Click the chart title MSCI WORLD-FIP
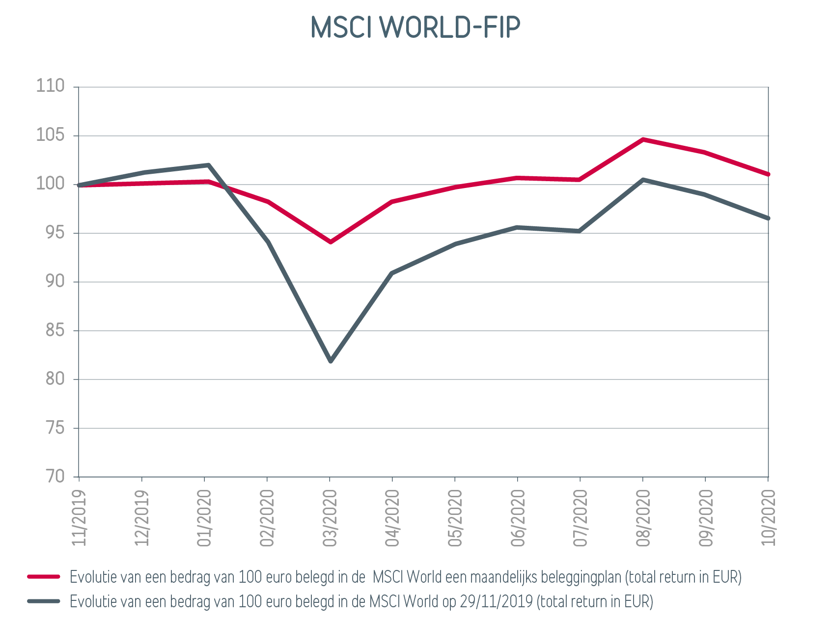(415, 27)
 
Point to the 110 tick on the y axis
(51, 86)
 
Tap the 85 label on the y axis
(55, 330)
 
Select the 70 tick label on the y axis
(55, 476)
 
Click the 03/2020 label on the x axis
(330, 518)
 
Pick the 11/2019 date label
(79, 518)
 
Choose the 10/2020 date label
(768, 518)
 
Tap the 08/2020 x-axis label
(643, 518)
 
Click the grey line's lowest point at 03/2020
(331, 361)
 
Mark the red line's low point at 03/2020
(331, 242)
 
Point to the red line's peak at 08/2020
(643, 139)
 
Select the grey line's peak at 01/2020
(209, 165)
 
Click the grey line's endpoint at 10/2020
(768, 218)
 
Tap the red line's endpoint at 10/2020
(768, 174)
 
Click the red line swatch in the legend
(44, 577)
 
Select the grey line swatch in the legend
(44, 601)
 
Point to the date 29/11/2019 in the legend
(496, 601)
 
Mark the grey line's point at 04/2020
(392, 273)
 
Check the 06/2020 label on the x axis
(518, 518)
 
